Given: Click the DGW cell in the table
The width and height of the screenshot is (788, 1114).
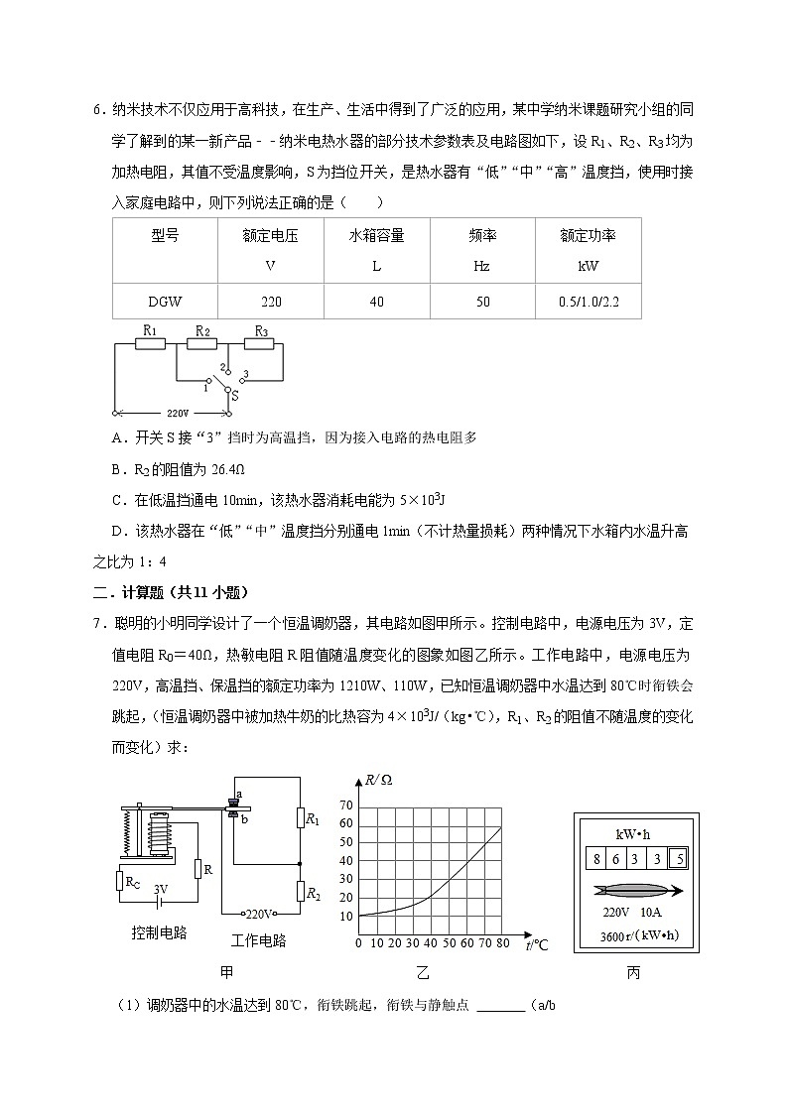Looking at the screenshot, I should pyautogui.click(x=165, y=302).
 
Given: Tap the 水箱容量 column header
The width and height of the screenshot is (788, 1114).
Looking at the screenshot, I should pyautogui.click(x=376, y=236).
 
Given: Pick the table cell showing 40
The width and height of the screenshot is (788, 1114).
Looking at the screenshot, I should pyautogui.click(x=376, y=302).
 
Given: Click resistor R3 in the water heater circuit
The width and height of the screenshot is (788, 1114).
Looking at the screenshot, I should pyautogui.click(x=262, y=345).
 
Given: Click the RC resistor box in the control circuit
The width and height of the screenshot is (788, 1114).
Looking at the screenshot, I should pyautogui.click(x=132, y=880).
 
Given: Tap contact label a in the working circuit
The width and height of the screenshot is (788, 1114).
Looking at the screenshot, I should pyautogui.click(x=238, y=795).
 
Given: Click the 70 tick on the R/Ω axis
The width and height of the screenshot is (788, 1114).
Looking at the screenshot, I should pyautogui.click(x=346, y=805).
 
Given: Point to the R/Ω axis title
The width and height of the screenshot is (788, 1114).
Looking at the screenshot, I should pyautogui.click(x=379, y=781).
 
